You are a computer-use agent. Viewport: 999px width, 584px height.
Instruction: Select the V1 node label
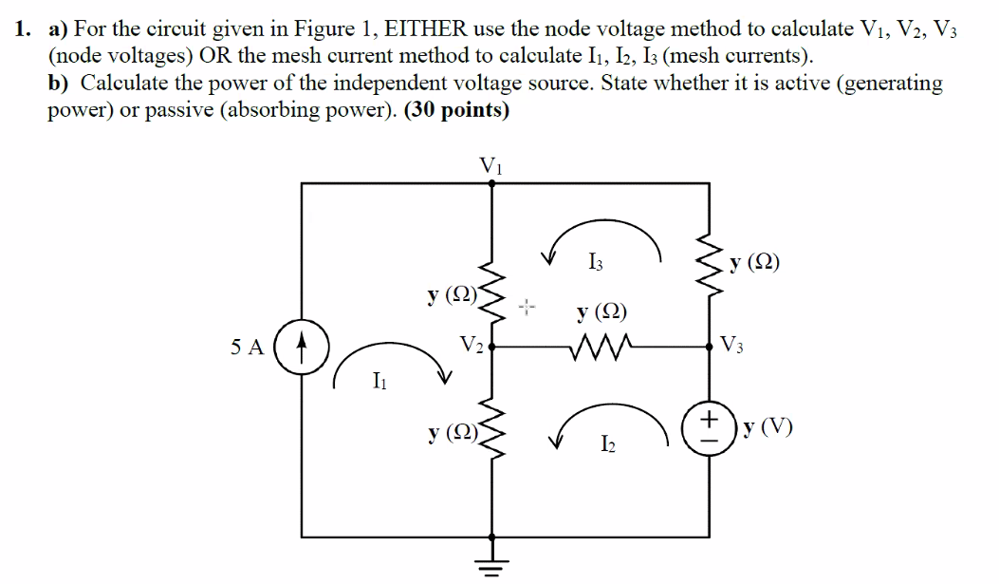tap(490, 164)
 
